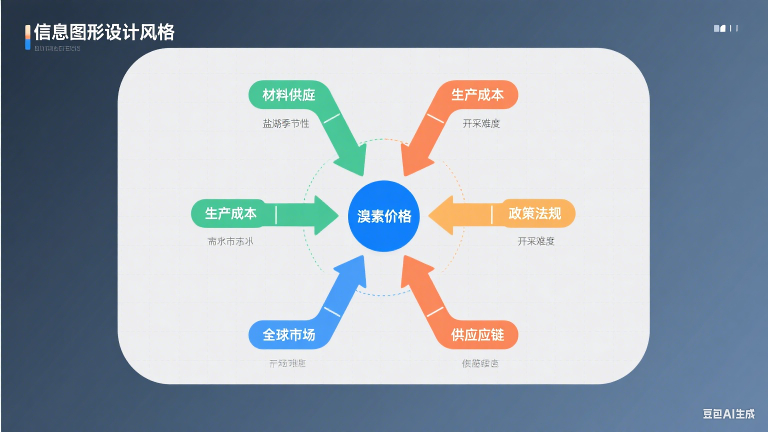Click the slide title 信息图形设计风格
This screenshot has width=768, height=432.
(x=104, y=32)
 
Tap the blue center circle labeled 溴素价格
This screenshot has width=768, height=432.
(x=383, y=216)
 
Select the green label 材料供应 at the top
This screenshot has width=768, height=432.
(x=288, y=94)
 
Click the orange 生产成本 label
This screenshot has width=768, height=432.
(x=477, y=94)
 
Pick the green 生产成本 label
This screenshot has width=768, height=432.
(x=230, y=213)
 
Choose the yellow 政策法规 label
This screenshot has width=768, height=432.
(x=534, y=213)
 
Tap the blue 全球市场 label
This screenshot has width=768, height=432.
(x=288, y=334)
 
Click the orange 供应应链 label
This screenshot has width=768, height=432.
(x=477, y=334)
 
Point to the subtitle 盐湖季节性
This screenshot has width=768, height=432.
(x=285, y=123)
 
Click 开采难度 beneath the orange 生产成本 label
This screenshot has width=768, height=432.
(x=481, y=123)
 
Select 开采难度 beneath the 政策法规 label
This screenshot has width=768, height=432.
(x=535, y=241)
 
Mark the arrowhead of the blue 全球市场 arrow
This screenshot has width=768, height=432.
(x=353, y=270)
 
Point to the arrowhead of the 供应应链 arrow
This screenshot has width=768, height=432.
(x=414, y=270)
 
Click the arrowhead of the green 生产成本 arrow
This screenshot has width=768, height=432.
(x=325, y=215)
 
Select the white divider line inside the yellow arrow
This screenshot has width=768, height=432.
(x=492, y=214)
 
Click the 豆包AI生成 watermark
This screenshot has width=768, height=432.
(x=728, y=413)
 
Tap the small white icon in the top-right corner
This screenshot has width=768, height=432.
(x=719, y=28)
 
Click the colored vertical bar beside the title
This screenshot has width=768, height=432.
(x=28, y=37)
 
